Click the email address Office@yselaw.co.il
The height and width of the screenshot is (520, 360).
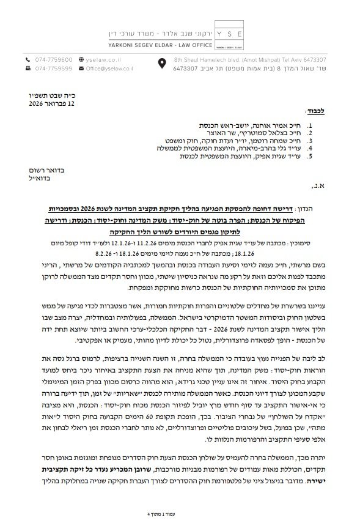(x=97, y=69)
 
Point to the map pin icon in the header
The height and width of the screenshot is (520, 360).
(x=162, y=64)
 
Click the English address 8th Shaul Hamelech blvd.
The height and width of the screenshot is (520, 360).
(x=202, y=59)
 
